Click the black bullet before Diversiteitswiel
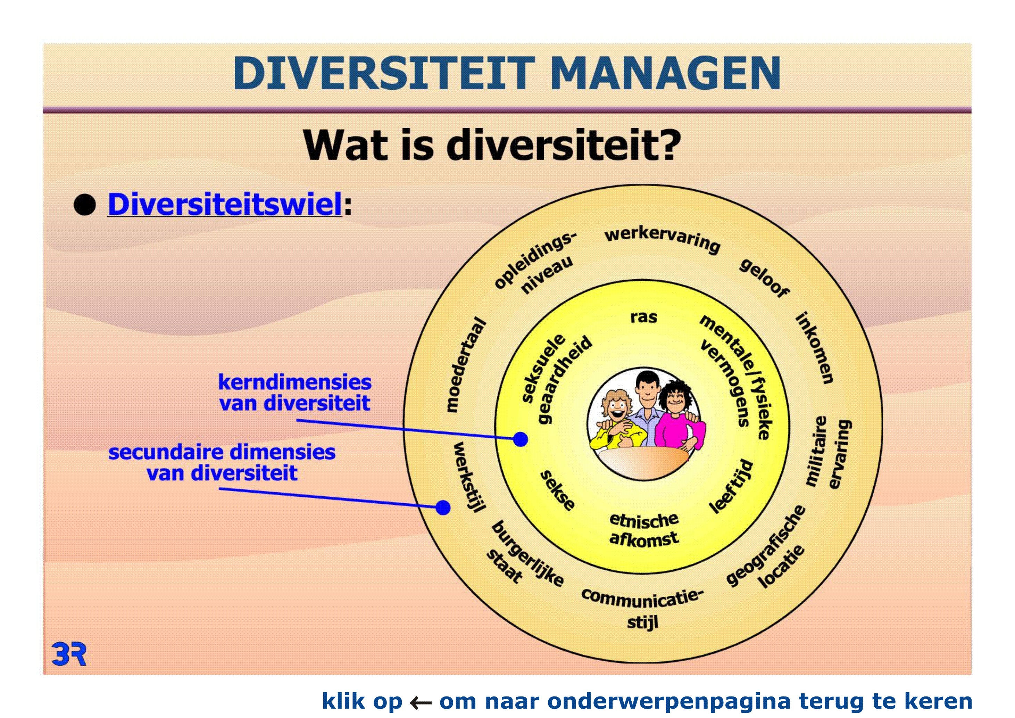pos(85,205)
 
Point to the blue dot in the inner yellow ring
pos(521,439)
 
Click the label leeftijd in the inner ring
pos(732,486)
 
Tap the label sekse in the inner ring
pos(558,490)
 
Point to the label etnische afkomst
pos(644,530)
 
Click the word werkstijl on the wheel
pos(469,477)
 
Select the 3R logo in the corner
pos(69,654)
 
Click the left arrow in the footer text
pos(421,702)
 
